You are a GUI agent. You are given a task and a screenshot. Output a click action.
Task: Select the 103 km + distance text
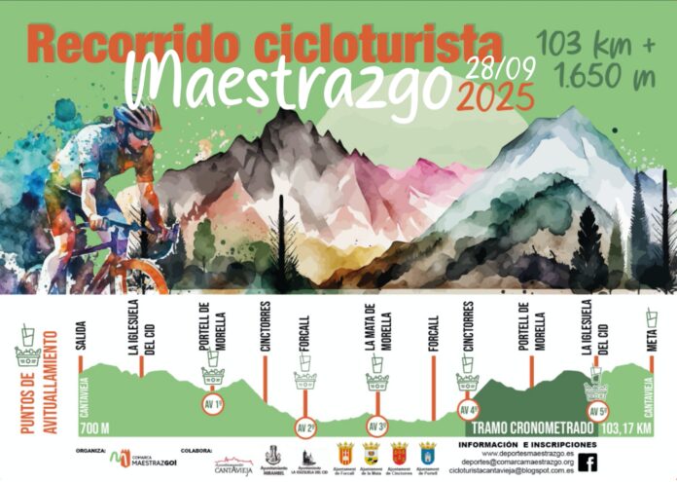pos(594,45)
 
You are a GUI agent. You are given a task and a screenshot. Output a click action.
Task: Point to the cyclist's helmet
pos(136,117)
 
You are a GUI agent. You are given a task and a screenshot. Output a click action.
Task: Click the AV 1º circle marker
pos(212,403)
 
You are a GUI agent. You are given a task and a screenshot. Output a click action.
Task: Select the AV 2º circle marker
pos(305,426)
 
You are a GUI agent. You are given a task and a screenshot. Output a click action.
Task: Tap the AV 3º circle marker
pos(377,426)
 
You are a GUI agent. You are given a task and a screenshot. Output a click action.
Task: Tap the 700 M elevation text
pos(94,428)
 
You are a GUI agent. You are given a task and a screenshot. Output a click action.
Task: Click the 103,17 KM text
pos(625,428)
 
